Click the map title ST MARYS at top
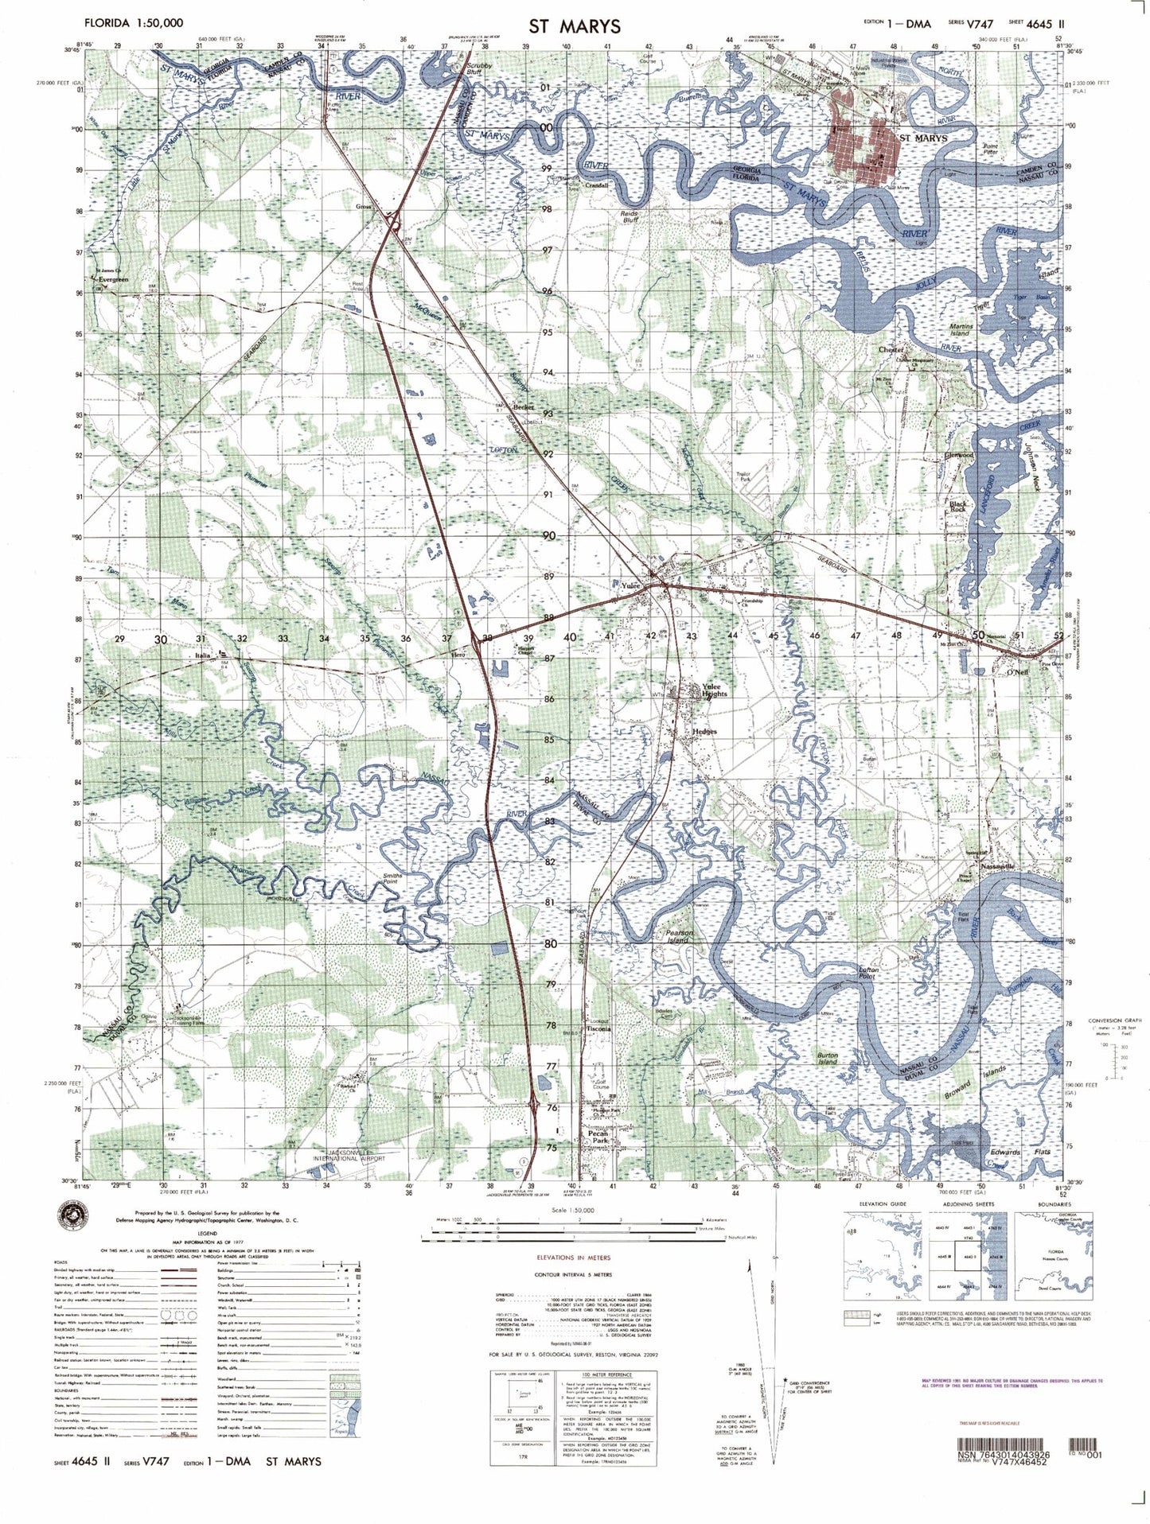pos(574,25)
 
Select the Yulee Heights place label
pos(715,689)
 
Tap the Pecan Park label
pos(598,1137)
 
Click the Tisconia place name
pos(598,1028)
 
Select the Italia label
pos(202,655)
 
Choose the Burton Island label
pos(828,1059)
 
